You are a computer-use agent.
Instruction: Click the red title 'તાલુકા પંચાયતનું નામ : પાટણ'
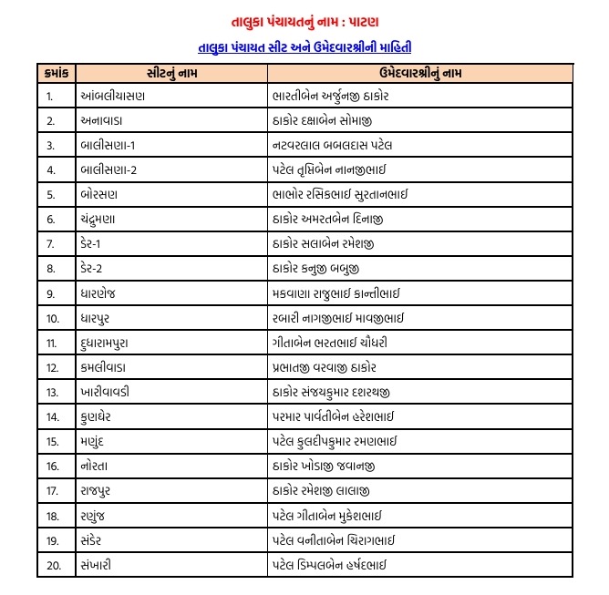click(304, 19)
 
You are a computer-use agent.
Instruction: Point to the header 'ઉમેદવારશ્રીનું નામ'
click(418, 71)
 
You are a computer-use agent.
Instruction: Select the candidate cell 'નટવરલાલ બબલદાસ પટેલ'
click(332, 145)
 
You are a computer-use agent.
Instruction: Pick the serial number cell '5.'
click(51, 194)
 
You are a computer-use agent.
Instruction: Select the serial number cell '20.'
click(53, 565)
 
